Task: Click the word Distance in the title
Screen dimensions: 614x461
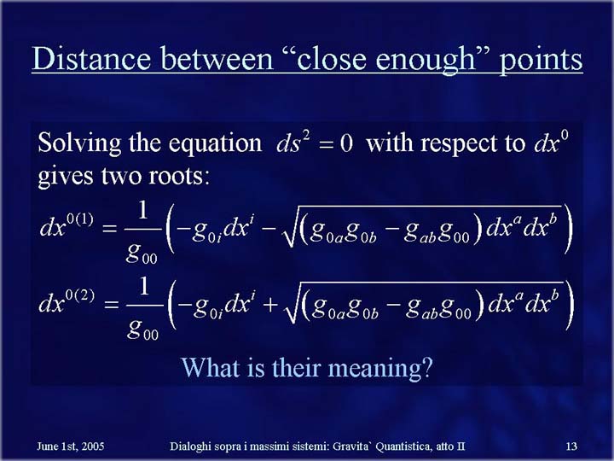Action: pos(91,58)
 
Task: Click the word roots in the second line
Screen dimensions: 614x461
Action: pos(179,177)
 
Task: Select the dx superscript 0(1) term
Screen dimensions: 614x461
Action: pos(67,225)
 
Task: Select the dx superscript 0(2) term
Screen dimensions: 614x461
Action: pos(67,302)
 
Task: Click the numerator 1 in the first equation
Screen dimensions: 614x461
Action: pos(142,210)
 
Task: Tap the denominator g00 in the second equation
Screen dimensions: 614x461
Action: pos(142,330)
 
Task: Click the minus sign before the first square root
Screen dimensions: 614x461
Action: pos(268,228)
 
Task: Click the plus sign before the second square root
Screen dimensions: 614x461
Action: pos(270,305)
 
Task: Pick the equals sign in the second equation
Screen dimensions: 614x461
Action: pos(111,305)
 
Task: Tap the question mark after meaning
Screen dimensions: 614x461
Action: pos(426,367)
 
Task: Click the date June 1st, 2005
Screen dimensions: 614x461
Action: pos(71,446)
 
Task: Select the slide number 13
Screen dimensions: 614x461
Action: pos(571,446)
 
